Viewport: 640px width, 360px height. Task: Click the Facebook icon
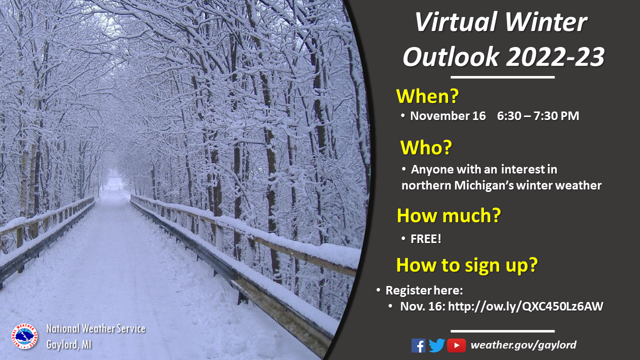pyautogui.click(x=418, y=345)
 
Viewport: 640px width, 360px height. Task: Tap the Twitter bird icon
pyautogui.click(x=436, y=345)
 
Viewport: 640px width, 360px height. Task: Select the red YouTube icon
pyautogui.click(x=456, y=345)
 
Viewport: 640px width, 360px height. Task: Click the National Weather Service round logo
pyautogui.click(x=24, y=336)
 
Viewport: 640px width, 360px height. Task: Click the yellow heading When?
pyautogui.click(x=427, y=96)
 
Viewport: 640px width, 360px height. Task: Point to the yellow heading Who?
pyautogui.click(x=426, y=147)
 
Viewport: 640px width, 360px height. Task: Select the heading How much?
pyautogui.click(x=449, y=215)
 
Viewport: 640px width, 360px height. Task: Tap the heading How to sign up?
pyautogui.click(x=467, y=265)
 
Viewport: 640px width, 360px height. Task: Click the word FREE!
pyautogui.click(x=425, y=239)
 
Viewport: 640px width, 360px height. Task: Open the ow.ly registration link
pyautogui.click(x=525, y=306)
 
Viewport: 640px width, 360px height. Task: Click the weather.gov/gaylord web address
pyautogui.click(x=523, y=345)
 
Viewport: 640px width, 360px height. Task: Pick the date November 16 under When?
pyautogui.click(x=447, y=116)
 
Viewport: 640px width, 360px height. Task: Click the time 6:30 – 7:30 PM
pyautogui.click(x=538, y=116)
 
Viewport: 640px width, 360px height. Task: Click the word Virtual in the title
pyautogui.click(x=456, y=22)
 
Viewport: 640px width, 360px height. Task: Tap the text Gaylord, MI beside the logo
pyautogui.click(x=69, y=344)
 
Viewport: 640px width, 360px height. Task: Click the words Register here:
pyautogui.click(x=424, y=290)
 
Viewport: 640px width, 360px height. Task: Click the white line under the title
pyautogui.click(x=502, y=77)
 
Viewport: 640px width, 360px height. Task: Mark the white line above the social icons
pyautogui.click(x=502, y=331)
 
